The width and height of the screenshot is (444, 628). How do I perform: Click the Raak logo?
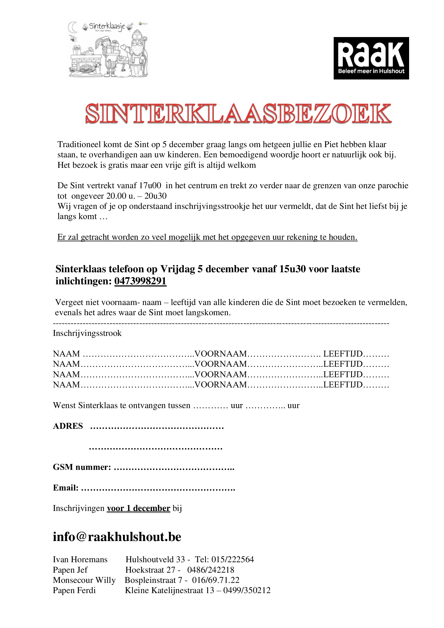tap(371, 58)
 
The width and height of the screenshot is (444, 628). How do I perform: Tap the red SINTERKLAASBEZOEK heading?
tap(238, 114)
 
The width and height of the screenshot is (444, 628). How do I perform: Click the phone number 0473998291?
tap(140, 281)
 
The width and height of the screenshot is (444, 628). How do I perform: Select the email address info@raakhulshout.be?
tap(117, 537)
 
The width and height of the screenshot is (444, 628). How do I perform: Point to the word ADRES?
tap(68, 426)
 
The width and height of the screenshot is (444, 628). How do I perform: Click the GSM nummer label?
tap(82, 467)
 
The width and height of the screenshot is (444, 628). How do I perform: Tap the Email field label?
tap(65, 488)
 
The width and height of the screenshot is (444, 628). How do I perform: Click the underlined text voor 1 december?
tap(138, 508)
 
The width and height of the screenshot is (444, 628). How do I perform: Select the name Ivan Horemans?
tap(80, 559)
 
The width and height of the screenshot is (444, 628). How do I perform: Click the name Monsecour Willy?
tap(84, 580)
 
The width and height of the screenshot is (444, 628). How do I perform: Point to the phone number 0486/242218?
tap(210, 570)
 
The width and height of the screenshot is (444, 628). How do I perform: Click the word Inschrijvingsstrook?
tap(87, 333)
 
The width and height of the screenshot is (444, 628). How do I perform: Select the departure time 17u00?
tap(150, 186)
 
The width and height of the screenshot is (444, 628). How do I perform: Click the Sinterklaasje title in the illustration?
tap(107, 27)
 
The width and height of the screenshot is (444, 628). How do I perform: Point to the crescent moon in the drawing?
tap(72, 27)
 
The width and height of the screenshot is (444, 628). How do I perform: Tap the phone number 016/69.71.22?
tap(216, 580)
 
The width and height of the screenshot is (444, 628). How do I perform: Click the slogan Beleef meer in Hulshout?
tap(371, 71)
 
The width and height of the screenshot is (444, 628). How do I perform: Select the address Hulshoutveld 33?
tap(155, 559)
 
